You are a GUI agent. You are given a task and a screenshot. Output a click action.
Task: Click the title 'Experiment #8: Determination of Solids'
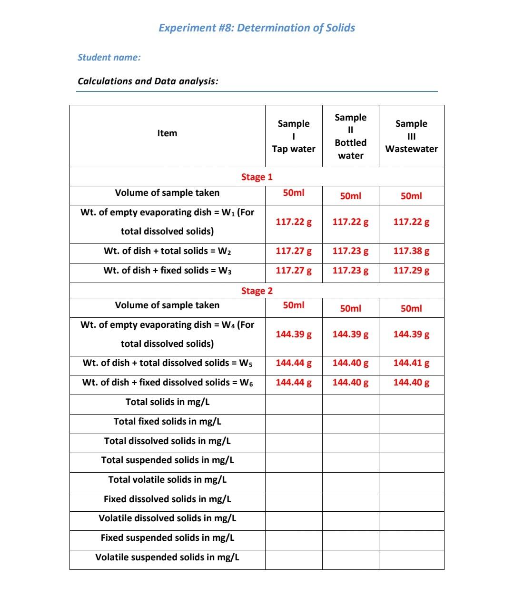(257, 28)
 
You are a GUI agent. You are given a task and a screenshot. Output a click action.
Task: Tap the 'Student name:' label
(109, 58)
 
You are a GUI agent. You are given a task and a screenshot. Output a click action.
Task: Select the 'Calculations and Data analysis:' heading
(148, 81)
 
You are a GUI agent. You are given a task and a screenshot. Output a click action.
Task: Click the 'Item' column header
(167, 133)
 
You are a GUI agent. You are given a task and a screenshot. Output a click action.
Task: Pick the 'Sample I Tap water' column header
(294, 136)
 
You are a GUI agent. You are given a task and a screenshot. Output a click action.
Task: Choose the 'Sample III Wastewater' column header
(411, 136)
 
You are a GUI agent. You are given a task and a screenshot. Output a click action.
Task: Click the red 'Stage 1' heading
(257, 177)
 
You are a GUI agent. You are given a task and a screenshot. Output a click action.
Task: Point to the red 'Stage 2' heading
(257, 291)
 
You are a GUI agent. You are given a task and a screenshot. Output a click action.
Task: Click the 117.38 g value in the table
(411, 251)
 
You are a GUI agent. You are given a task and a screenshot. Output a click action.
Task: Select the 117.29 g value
(411, 271)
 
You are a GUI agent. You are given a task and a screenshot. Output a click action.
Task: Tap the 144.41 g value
(411, 363)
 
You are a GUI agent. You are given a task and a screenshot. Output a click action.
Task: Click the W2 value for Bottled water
(350, 251)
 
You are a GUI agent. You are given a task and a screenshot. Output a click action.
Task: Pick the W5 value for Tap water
(294, 363)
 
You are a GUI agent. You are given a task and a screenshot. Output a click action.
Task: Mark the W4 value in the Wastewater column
(411, 334)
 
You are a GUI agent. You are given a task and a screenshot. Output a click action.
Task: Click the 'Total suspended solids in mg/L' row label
(168, 460)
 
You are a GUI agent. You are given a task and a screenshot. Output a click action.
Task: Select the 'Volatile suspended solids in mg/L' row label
(168, 557)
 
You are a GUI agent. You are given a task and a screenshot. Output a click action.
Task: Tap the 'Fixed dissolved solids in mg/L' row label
(168, 499)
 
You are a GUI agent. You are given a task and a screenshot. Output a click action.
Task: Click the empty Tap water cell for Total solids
(294, 405)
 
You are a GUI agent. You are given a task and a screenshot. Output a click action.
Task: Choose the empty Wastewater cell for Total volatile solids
(411, 482)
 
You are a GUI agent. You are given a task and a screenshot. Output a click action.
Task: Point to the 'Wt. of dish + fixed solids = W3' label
(168, 271)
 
